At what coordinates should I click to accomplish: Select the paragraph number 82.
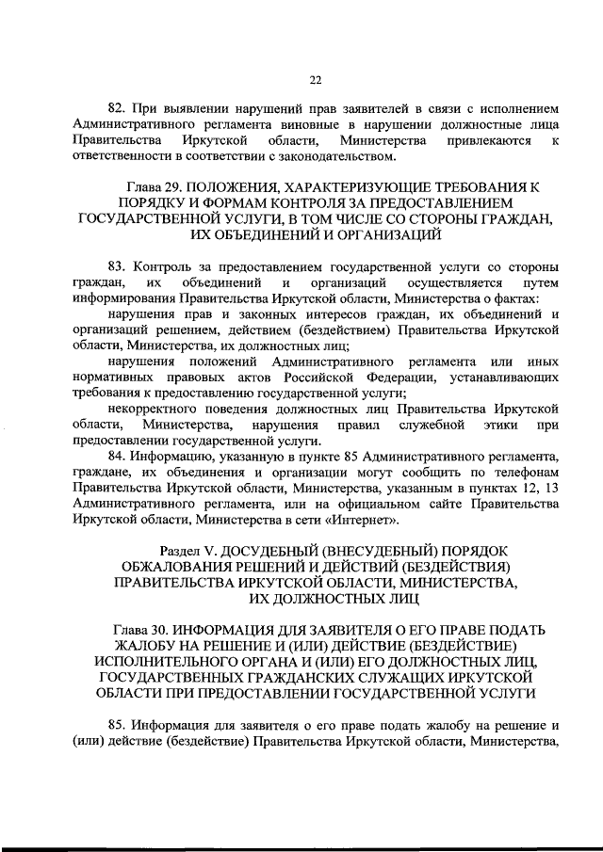pos(118,108)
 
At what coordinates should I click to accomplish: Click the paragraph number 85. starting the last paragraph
pos(118,727)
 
